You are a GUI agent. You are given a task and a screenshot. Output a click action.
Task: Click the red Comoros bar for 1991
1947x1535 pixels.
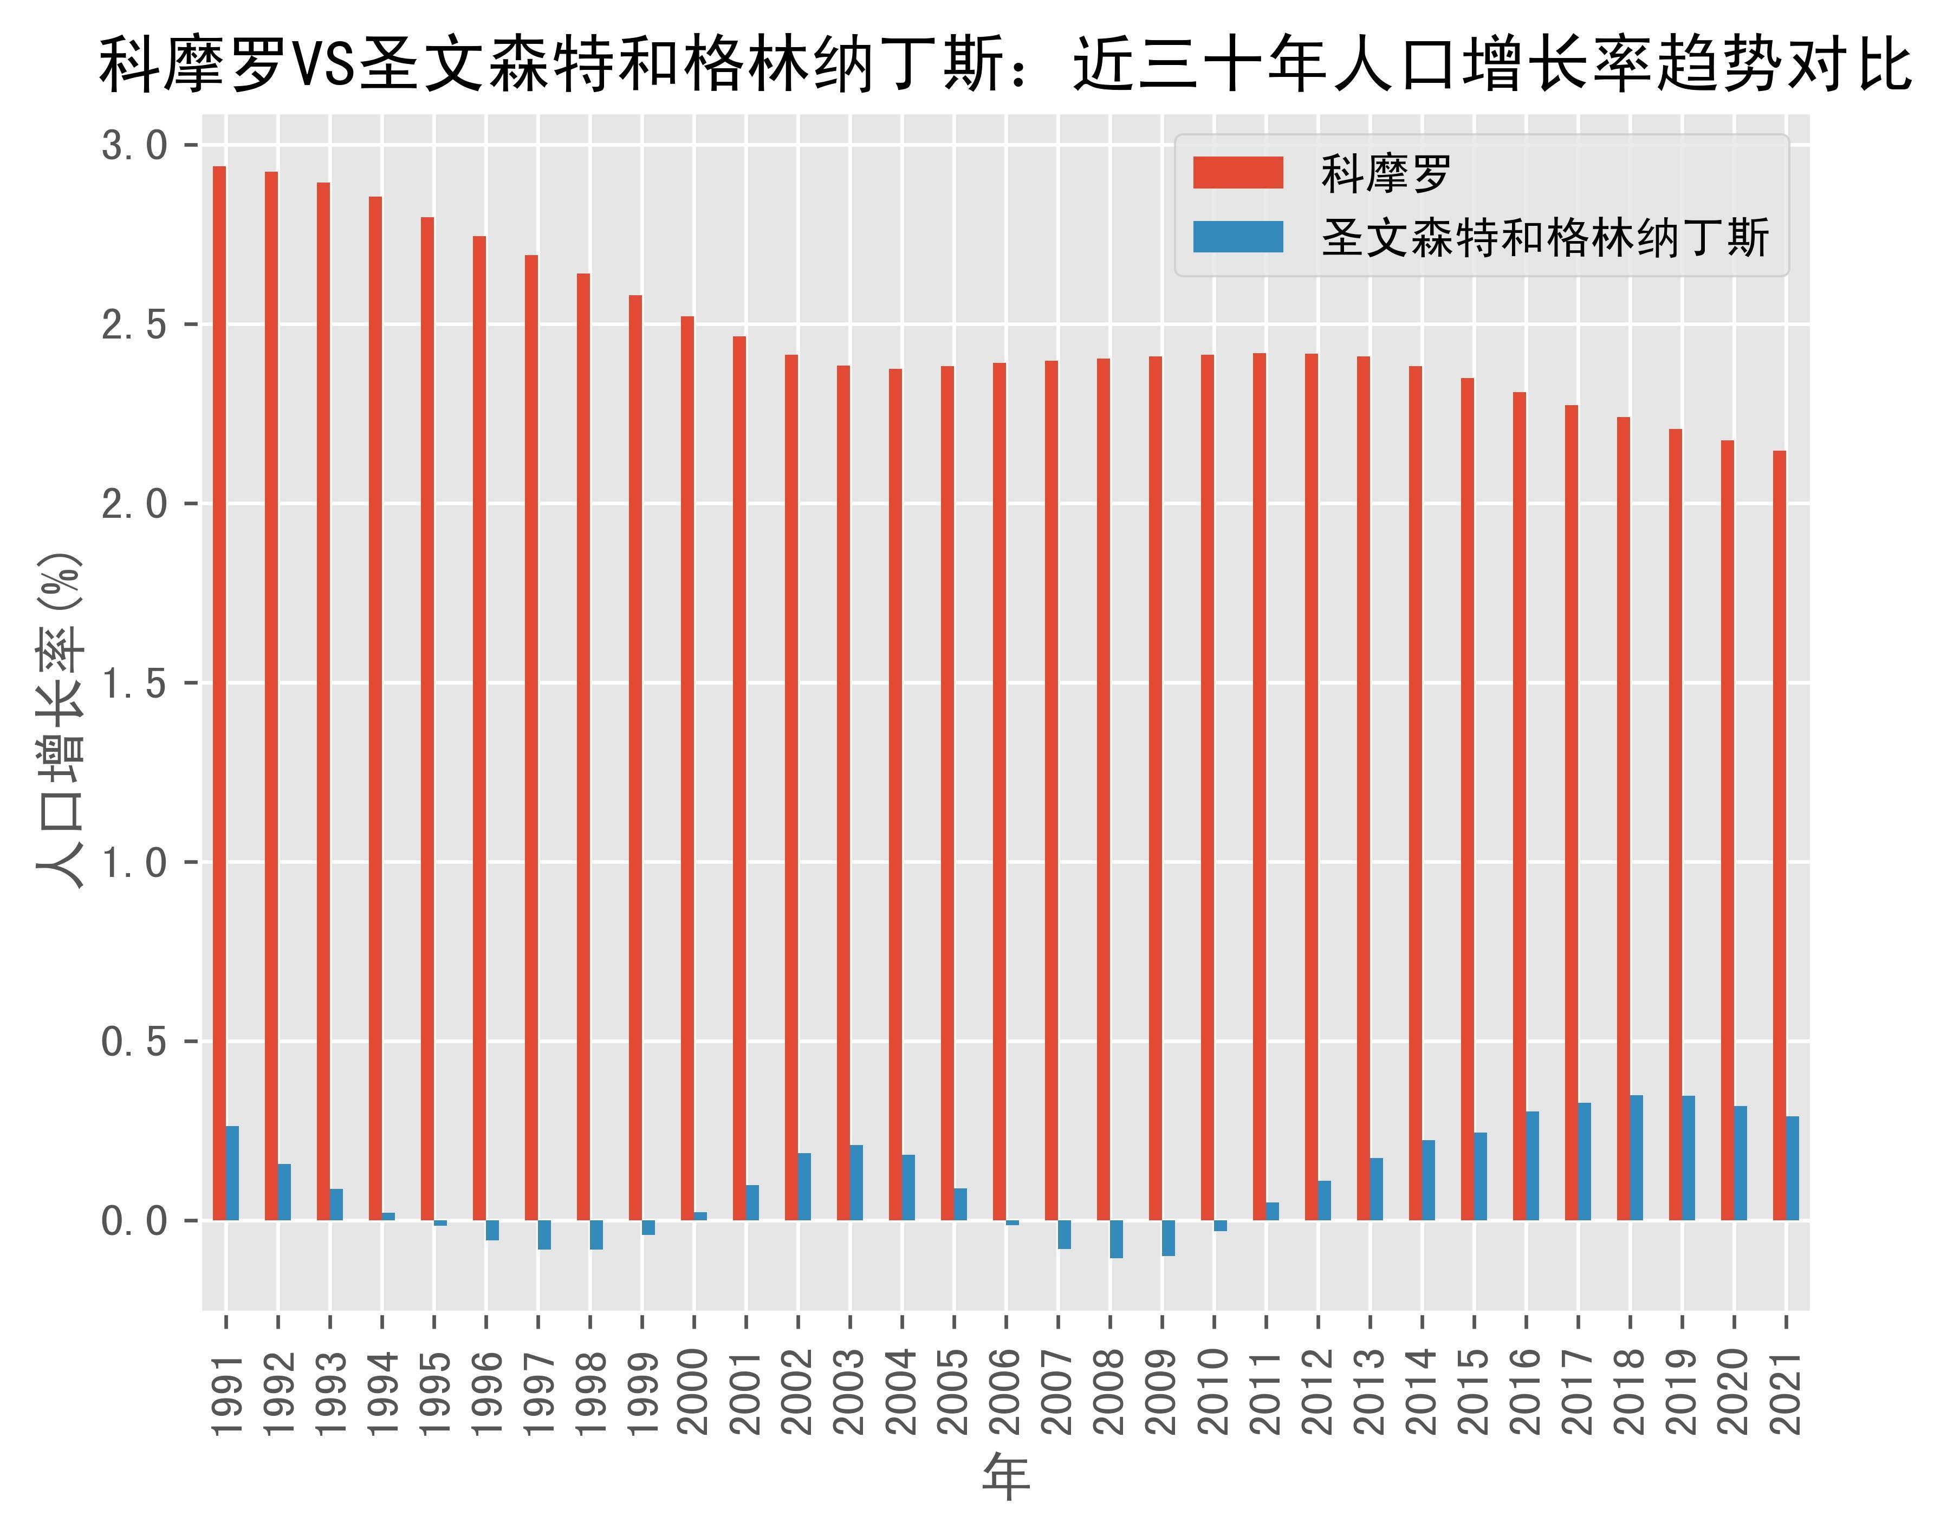coord(219,692)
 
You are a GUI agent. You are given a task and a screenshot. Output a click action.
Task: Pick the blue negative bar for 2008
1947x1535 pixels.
coord(1117,1238)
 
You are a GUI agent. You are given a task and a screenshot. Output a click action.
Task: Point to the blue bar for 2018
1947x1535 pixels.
coord(1636,1157)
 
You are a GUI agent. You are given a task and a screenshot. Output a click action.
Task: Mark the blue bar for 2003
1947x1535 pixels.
coord(856,1182)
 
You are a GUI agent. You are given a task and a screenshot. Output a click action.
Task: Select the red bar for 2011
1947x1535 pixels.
coord(1260,786)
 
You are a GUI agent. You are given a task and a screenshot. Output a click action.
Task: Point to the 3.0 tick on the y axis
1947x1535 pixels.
coord(135,145)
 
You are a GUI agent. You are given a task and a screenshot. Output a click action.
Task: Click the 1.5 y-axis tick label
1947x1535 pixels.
coord(135,683)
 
